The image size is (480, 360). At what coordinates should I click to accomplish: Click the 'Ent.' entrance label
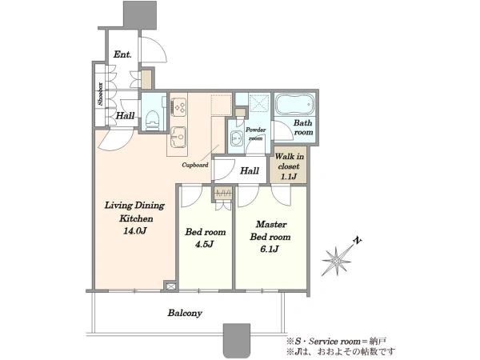click(122, 54)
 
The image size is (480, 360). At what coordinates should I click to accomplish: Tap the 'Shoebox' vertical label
click(101, 94)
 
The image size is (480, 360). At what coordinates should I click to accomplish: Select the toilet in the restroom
click(152, 120)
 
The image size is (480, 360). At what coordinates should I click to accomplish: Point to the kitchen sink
click(178, 137)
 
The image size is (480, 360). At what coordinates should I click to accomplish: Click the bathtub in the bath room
click(294, 104)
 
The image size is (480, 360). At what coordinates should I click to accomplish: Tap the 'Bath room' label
click(303, 127)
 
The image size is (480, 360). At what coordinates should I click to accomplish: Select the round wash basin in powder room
click(236, 138)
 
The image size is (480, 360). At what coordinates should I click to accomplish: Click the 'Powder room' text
click(256, 134)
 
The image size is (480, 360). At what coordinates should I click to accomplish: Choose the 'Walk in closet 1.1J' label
click(289, 166)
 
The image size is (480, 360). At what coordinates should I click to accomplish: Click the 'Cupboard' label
click(195, 165)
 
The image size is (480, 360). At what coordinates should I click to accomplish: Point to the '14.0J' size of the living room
click(134, 230)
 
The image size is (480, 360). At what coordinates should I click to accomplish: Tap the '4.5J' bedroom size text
click(205, 244)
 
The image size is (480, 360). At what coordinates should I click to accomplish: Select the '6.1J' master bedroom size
click(270, 249)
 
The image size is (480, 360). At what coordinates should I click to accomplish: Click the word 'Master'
click(271, 224)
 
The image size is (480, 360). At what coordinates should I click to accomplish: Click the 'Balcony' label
click(185, 313)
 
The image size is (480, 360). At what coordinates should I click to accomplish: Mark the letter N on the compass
click(357, 241)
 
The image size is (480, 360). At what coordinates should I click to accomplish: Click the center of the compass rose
click(337, 261)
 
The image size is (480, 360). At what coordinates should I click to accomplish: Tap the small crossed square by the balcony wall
click(171, 286)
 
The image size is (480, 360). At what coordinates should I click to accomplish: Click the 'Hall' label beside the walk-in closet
click(250, 170)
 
